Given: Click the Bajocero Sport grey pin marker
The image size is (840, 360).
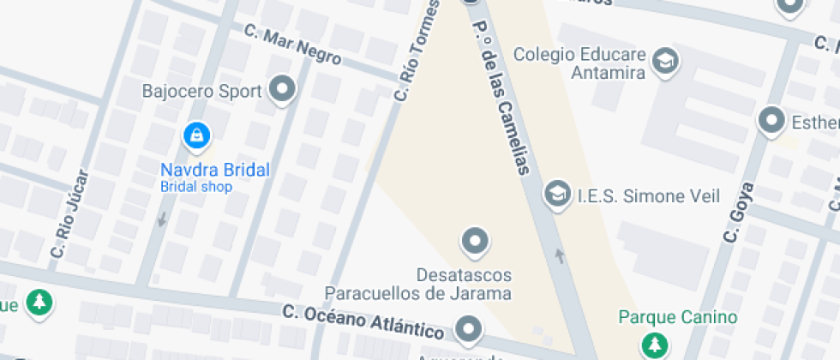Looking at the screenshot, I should tap(282, 88).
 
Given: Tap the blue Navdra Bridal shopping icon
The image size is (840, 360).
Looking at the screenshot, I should tap(197, 135).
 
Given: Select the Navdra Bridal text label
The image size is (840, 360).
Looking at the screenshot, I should tap(214, 170).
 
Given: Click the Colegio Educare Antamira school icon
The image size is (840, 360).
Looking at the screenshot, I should tap(664, 61).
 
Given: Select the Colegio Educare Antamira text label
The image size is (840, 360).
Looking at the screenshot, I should tap(579, 63).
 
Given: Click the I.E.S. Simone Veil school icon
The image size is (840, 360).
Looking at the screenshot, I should tap(558, 195).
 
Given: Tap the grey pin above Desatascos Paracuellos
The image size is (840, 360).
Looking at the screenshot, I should tap(475, 242).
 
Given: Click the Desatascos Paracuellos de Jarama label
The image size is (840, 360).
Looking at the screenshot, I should tap(464, 285).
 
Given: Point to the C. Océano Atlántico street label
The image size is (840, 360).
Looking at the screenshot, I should tap(363, 321).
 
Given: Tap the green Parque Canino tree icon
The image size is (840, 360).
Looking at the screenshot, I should tap(656, 345).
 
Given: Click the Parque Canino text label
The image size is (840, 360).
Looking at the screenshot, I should tap(677, 318).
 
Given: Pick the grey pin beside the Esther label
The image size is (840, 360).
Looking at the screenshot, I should tap(773, 121).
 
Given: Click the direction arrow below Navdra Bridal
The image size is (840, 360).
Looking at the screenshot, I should tap(161, 220).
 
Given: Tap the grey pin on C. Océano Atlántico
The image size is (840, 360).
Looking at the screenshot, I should tap(468, 328).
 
